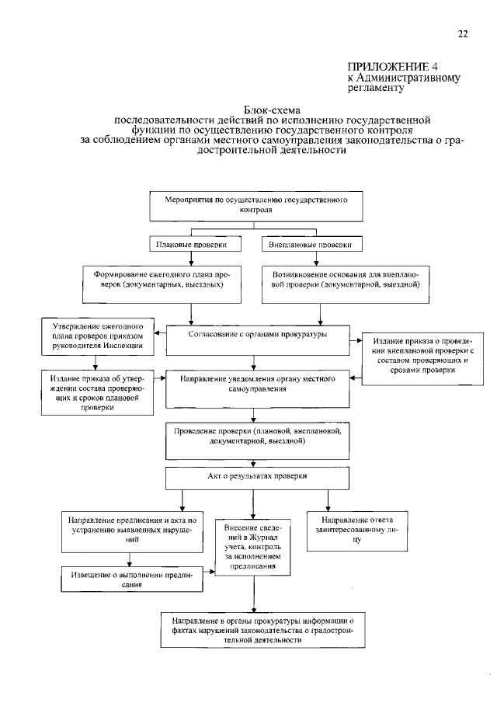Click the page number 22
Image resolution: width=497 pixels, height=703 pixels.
[x=463, y=34]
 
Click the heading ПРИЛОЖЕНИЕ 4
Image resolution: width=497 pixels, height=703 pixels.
[x=393, y=67]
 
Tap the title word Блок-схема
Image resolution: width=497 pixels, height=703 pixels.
[x=272, y=110]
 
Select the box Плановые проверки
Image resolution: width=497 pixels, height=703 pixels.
[x=195, y=244]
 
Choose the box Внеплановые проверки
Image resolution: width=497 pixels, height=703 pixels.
[x=312, y=244]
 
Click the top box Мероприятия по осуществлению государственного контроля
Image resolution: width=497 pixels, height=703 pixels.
[x=256, y=206]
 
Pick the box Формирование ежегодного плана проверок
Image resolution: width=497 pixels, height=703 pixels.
[x=162, y=284]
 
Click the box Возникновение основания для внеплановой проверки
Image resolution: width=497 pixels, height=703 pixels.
[x=345, y=284]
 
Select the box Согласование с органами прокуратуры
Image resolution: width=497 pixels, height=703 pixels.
[x=258, y=340]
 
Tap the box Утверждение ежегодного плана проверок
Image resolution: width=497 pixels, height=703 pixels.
[x=98, y=336]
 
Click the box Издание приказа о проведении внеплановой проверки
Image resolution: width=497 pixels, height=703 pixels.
[x=422, y=359]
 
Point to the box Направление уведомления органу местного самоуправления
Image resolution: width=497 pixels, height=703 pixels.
[x=257, y=388]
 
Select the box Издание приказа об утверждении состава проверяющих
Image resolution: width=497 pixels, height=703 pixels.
[x=97, y=392]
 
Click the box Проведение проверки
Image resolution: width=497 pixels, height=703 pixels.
[x=257, y=440]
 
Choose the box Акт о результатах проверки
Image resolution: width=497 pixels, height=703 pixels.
[x=257, y=479]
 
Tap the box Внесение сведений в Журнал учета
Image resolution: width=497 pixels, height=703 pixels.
[x=252, y=547]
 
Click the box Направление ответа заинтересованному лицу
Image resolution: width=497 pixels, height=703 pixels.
[x=357, y=531]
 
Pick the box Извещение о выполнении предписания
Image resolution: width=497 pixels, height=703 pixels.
[x=132, y=579]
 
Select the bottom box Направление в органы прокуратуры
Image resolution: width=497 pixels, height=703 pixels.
[x=263, y=630]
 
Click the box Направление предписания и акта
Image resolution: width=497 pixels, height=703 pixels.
[x=132, y=532]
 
